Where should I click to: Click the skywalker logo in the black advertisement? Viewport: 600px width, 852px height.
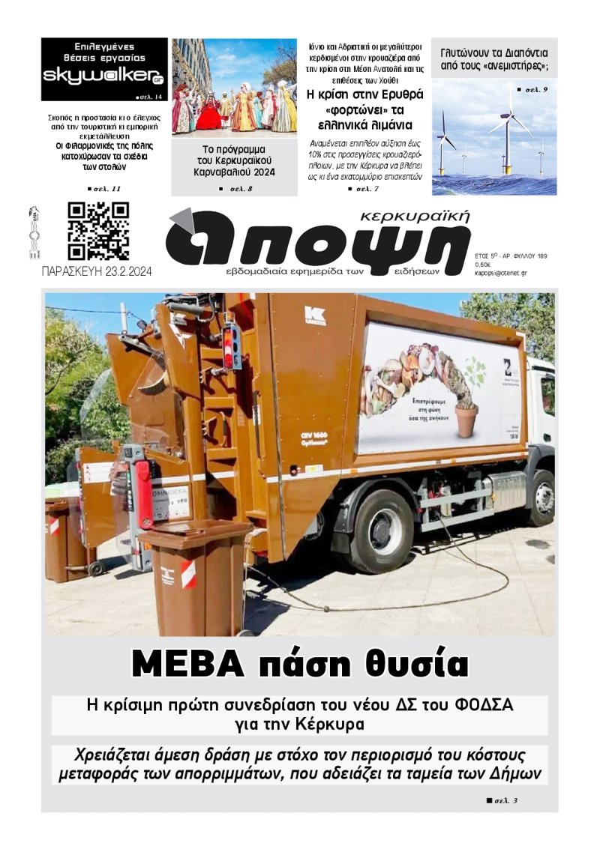[103, 76]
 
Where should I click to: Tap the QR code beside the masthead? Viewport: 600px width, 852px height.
[98, 231]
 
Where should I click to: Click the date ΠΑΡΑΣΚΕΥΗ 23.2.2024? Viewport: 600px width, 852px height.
[97, 272]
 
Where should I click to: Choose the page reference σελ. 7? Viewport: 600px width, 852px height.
[367, 189]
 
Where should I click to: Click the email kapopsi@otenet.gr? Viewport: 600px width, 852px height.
[500, 273]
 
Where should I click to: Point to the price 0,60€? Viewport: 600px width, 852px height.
[484, 264]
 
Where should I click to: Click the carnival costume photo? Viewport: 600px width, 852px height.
[234, 86]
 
